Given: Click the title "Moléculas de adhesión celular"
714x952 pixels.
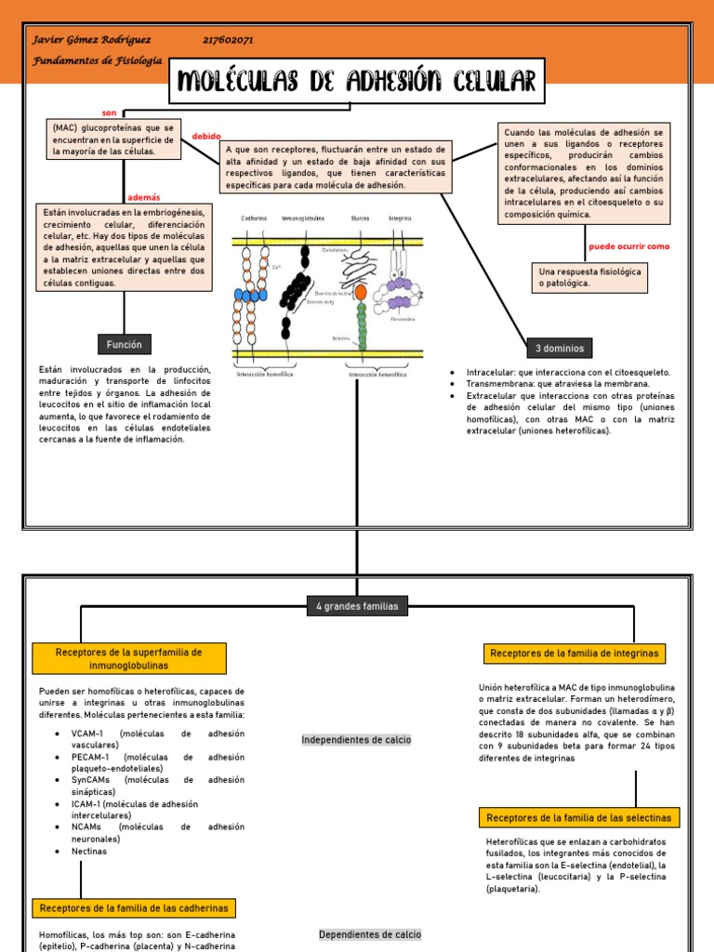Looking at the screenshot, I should coord(357,82).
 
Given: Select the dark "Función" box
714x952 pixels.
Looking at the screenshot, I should coord(124,345).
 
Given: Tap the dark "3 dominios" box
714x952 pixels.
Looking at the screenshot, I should coord(559,349).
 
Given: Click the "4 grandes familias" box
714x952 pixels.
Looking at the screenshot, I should coord(356,606).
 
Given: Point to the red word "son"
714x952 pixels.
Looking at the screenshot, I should coord(109,112).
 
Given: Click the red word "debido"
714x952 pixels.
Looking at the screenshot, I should coord(206,137).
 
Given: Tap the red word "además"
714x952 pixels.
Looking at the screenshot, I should coord(143,198).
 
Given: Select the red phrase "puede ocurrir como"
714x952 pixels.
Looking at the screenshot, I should coord(628,246).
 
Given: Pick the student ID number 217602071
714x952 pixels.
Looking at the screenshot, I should coord(228,40).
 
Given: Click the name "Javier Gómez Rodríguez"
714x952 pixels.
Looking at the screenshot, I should coord(91,40).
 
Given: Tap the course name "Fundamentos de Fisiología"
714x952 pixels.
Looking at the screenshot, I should coord(97,60).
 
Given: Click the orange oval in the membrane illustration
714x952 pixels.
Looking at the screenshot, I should coord(361,292).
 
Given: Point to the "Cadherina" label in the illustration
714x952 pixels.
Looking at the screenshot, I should coord(254,219).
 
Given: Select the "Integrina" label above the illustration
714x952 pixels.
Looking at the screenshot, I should coord(401,219).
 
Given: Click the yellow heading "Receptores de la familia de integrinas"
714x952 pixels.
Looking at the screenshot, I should coord(574,654).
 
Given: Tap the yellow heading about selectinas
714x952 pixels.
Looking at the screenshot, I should coord(579,818).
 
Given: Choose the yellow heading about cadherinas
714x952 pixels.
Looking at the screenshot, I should coord(134,907).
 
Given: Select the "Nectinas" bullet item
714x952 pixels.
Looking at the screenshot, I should coord(89,851).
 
